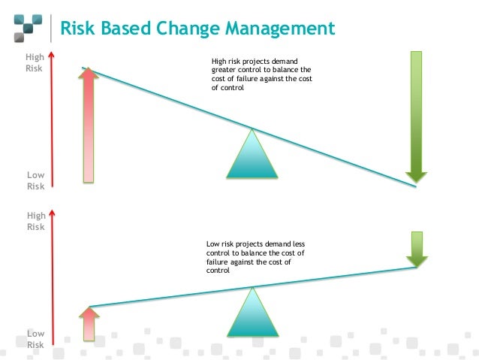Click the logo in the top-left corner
point(27,29)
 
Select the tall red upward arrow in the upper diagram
point(89,124)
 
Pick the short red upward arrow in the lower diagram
point(89,322)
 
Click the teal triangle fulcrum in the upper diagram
point(252,155)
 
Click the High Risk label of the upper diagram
point(35,62)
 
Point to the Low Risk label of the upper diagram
point(35,180)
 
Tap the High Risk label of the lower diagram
point(35,220)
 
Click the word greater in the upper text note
point(225,70)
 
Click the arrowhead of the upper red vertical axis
point(51,55)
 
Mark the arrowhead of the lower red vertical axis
point(51,214)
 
